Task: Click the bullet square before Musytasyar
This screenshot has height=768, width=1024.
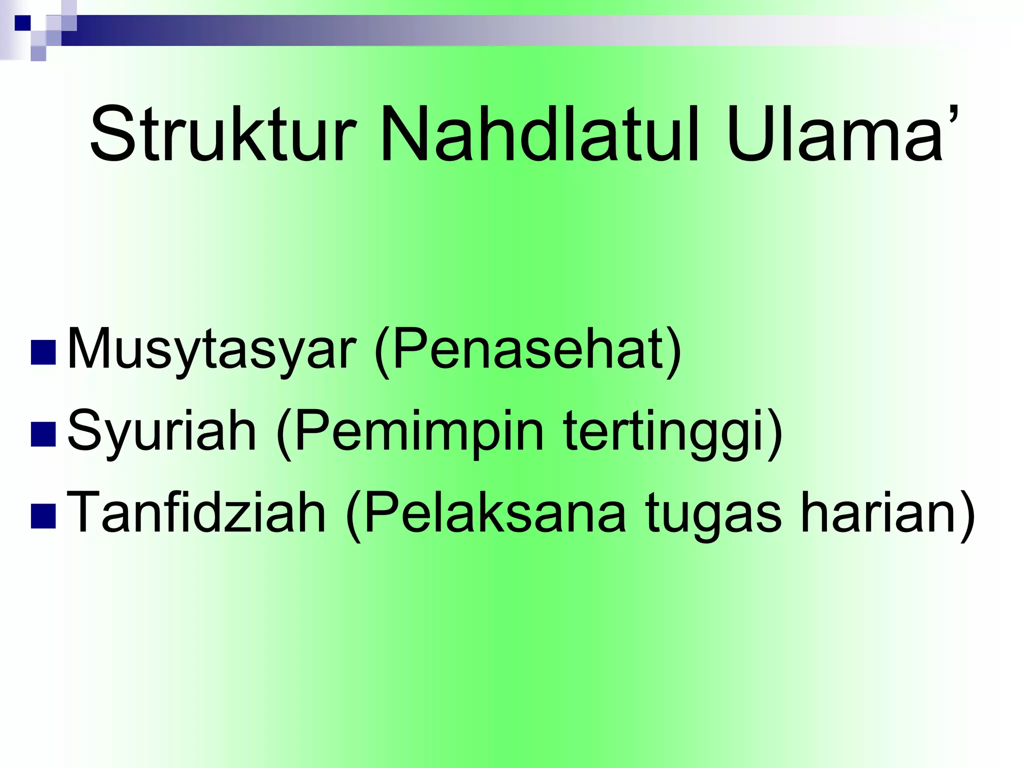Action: (43, 353)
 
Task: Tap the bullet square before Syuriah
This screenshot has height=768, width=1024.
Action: (43, 434)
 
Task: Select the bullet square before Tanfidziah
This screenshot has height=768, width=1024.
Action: (43, 516)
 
